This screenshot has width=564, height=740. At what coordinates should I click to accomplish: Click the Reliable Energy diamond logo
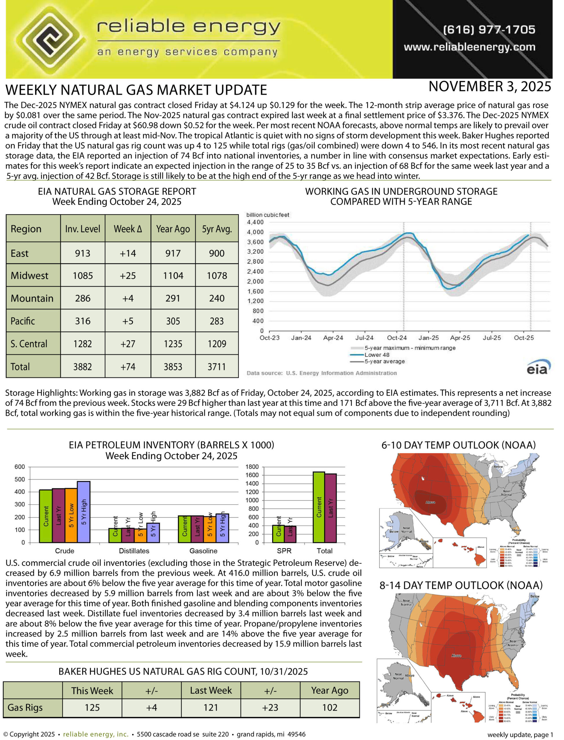(x=50, y=39)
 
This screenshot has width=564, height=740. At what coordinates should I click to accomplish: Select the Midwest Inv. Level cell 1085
(x=83, y=275)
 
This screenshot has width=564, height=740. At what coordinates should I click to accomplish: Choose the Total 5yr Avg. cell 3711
(x=217, y=367)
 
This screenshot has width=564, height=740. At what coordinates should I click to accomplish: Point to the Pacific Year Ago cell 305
(x=173, y=321)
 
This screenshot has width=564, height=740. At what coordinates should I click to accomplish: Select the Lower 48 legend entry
(x=377, y=355)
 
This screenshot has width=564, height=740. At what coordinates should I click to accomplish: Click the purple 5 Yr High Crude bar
(x=84, y=512)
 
